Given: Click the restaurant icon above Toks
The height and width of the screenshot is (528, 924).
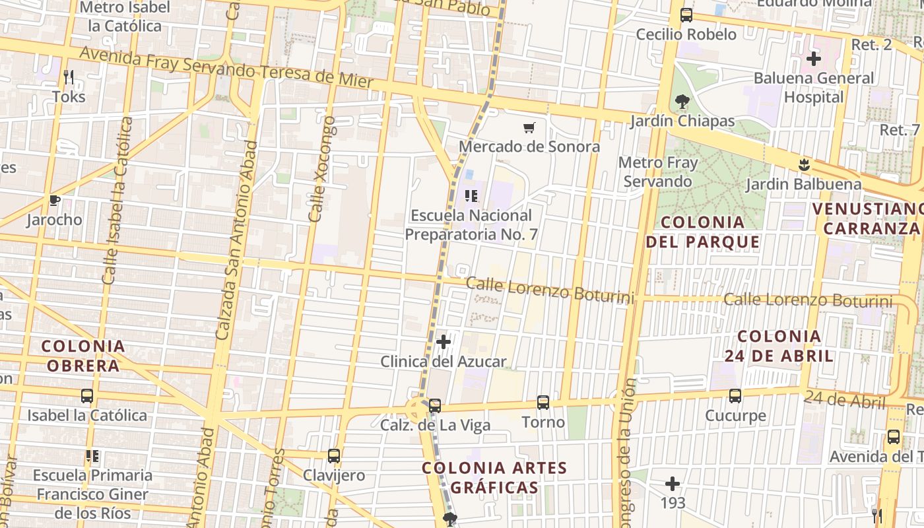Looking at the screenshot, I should pyautogui.click(x=69, y=77).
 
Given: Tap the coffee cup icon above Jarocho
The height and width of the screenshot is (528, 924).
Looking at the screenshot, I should pyautogui.click(x=54, y=200).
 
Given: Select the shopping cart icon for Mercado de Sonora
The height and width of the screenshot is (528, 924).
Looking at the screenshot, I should pyautogui.click(x=529, y=127).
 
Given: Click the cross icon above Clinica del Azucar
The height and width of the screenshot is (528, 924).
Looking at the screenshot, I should pyautogui.click(x=444, y=342).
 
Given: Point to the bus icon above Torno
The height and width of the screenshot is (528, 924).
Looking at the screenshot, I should pyautogui.click(x=543, y=402).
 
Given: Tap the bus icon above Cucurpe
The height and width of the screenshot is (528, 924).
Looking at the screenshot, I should pyautogui.click(x=735, y=396).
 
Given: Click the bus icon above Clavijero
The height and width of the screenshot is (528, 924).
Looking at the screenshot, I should pyautogui.click(x=334, y=455).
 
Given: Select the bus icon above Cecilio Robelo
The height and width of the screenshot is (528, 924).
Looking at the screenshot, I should pyautogui.click(x=686, y=15).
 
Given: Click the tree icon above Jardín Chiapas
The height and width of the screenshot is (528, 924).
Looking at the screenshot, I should pyautogui.click(x=682, y=102).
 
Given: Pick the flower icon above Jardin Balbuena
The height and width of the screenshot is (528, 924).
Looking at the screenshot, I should pyautogui.click(x=803, y=164).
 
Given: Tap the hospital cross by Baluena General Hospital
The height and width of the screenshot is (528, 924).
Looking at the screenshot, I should pyautogui.click(x=814, y=59).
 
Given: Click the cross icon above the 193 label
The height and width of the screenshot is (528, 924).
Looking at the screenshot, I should pyautogui.click(x=673, y=484).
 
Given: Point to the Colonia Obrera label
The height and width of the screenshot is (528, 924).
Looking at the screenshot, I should pyautogui.click(x=83, y=356).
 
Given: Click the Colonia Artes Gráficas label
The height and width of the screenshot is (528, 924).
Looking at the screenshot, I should pyautogui.click(x=494, y=478).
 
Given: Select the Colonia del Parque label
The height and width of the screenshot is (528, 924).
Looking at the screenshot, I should pyautogui.click(x=703, y=232).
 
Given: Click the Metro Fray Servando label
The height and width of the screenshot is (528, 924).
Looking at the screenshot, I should pyautogui.click(x=657, y=172).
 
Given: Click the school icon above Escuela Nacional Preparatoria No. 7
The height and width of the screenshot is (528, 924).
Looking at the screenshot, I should pyautogui.click(x=471, y=195).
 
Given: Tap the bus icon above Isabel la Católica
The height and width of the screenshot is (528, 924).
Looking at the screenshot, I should pyautogui.click(x=87, y=396).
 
